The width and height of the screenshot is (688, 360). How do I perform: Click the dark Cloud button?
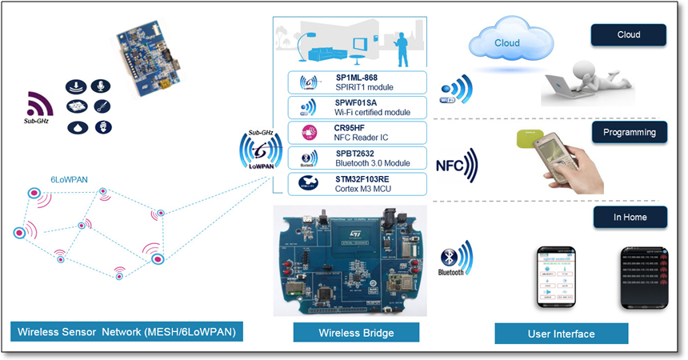click(629, 35)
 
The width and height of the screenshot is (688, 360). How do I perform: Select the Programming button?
click(629, 132)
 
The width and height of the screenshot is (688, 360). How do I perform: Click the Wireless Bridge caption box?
click(345, 332)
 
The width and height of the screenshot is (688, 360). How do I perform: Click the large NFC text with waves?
click(455, 166)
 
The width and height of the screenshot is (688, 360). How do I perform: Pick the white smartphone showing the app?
click(555, 277)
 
